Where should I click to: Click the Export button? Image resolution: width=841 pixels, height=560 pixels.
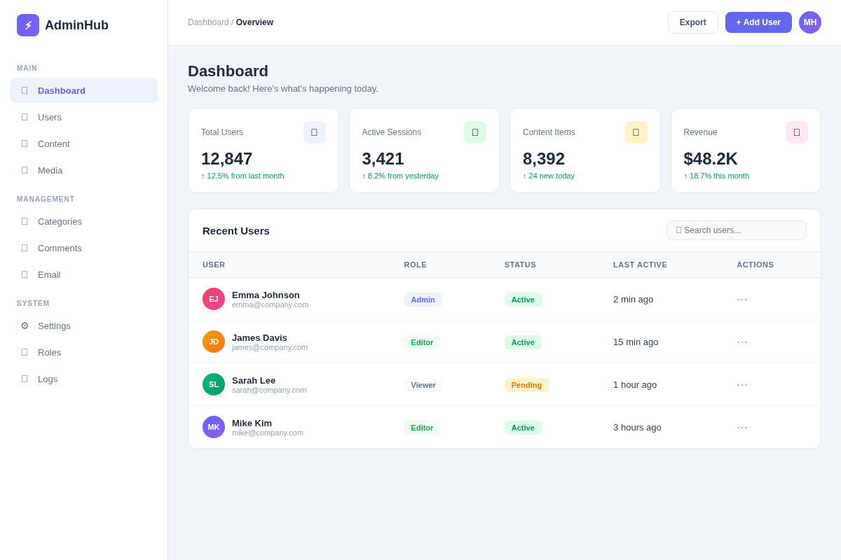coord(692,22)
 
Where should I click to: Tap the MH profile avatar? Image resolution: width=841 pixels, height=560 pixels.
coord(810,22)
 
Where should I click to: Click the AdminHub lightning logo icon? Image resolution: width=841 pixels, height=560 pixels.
coord(28,25)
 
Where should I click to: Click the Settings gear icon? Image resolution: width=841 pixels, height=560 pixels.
coord(25,325)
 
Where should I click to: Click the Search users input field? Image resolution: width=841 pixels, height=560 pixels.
coord(737,230)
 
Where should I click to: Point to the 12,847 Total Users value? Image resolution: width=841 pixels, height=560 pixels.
coord(227,159)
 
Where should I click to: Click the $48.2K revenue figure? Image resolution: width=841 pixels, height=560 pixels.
coord(711,159)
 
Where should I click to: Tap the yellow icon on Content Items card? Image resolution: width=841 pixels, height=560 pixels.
coord(636,132)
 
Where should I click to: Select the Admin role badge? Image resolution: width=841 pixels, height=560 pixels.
coord(423,300)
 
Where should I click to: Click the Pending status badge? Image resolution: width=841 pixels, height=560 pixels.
coord(526,385)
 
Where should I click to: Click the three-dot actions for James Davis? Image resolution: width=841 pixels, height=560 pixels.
coord(742,342)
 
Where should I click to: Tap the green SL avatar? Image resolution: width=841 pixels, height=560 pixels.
coord(214,384)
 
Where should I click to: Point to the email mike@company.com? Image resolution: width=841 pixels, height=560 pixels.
coord(268,433)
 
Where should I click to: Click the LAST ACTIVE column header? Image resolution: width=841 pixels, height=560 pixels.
coord(640,265)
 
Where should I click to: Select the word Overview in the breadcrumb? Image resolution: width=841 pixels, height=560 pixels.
coord(254,22)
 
